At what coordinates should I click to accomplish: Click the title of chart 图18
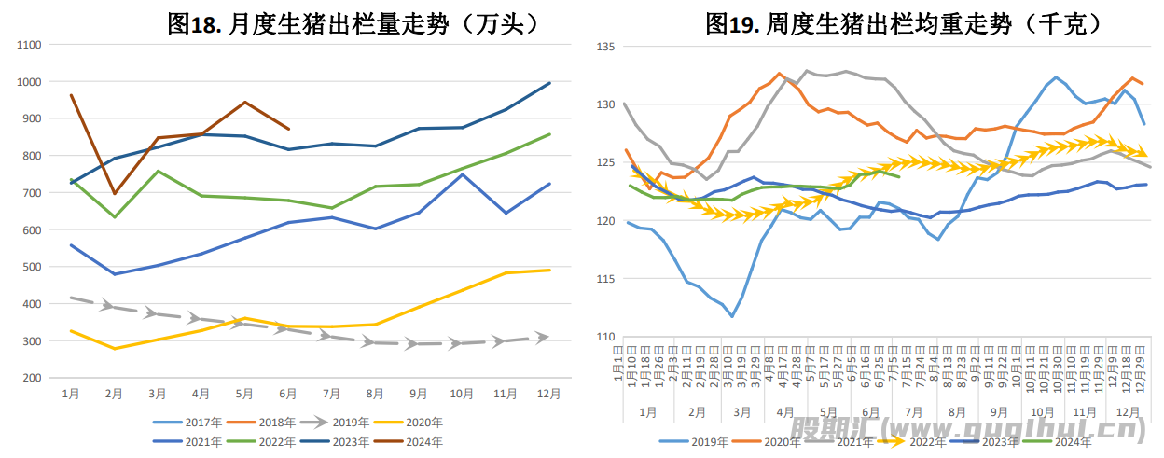click(353, 22)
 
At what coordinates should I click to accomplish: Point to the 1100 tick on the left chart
click(29, 45)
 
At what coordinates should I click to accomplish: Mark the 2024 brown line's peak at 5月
click(244, 102)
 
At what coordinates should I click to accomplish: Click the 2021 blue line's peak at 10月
click(462, 174)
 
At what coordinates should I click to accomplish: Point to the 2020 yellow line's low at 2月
click(114, 348)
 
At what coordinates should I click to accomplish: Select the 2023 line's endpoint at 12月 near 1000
click(549, 83)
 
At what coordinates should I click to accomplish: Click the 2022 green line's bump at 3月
click(158, 171)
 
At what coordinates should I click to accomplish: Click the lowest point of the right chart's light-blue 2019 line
click(731, 316)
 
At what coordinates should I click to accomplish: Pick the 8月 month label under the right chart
click(956, 411)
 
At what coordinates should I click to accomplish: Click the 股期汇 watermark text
click(824, 430)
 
